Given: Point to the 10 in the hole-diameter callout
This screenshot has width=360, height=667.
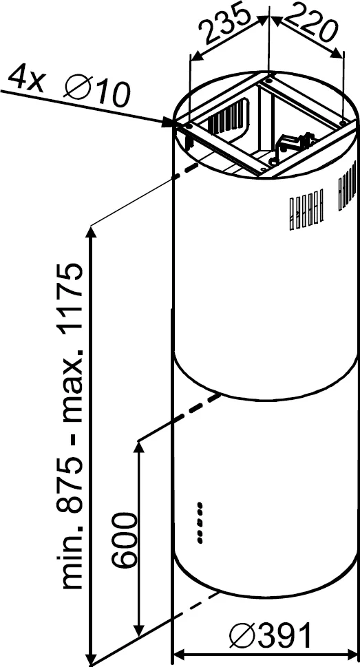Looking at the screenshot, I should [112, 94].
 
